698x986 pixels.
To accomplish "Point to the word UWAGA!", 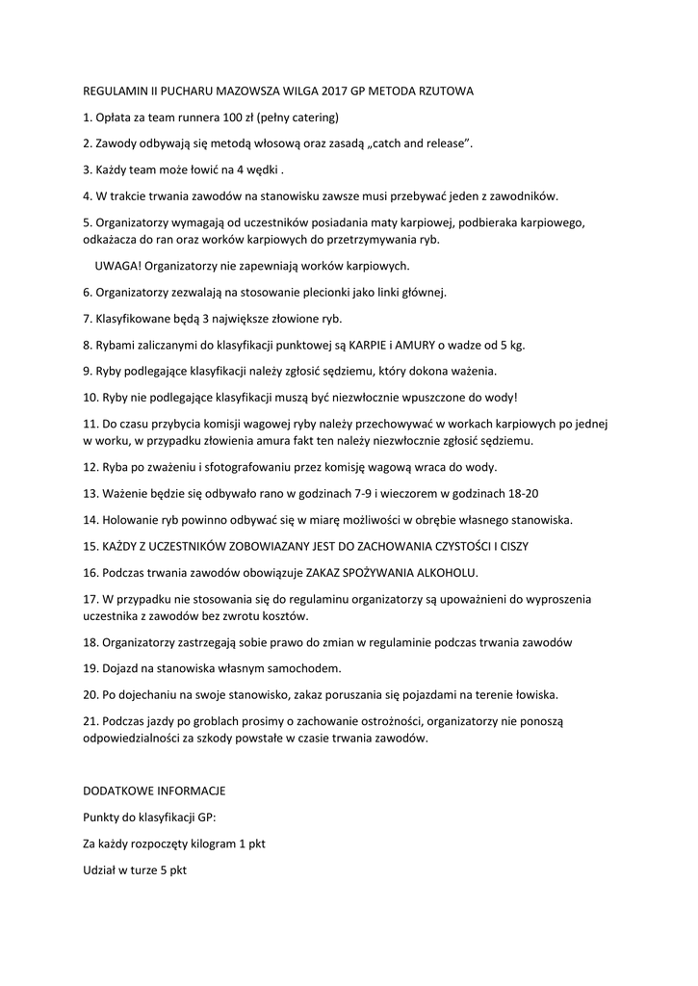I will coord(116,265).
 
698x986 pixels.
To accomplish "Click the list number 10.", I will coord(91,397).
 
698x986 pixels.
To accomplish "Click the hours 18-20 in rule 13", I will coord(520,493).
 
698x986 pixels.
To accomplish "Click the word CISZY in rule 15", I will coord(511,546).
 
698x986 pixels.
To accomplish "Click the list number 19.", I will coord(91,667).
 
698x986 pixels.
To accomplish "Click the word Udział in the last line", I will coord(100,869).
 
